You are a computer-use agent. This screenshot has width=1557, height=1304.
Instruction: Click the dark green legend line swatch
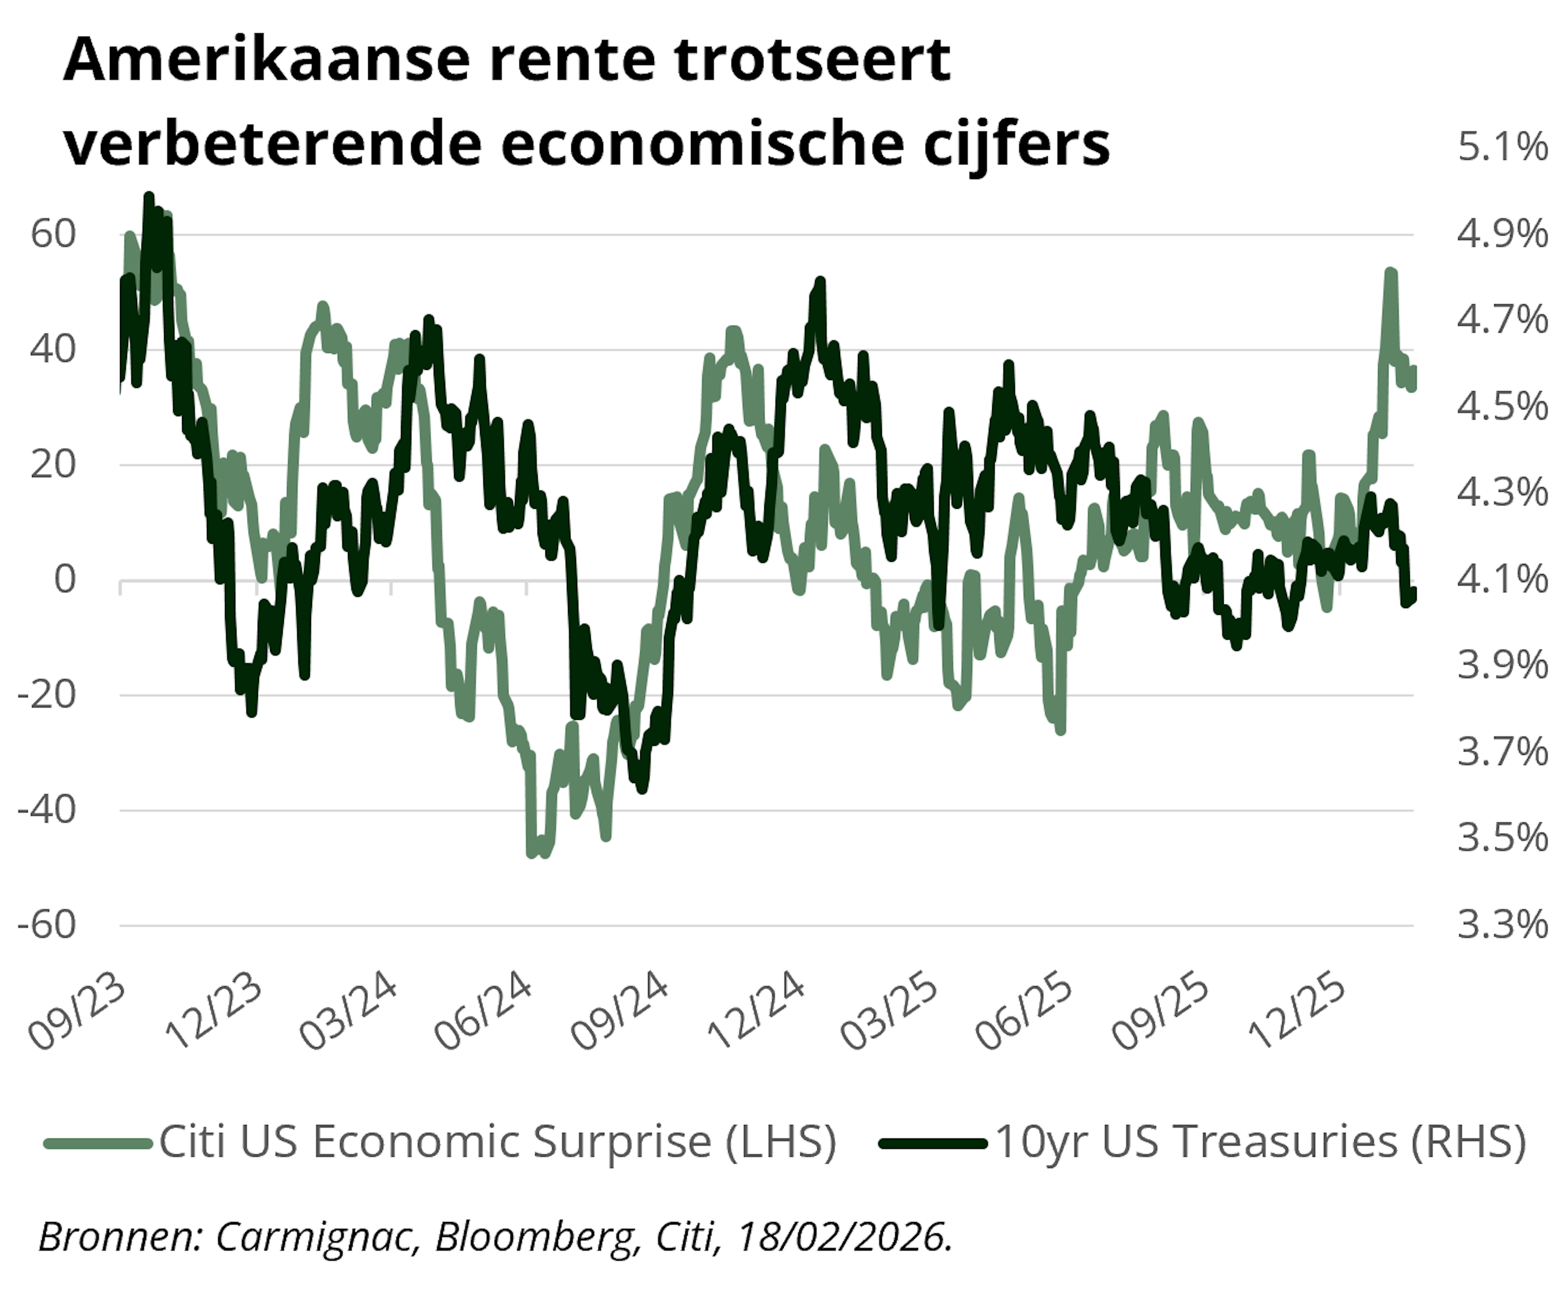pyautogui.click(x=933, y=1143)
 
